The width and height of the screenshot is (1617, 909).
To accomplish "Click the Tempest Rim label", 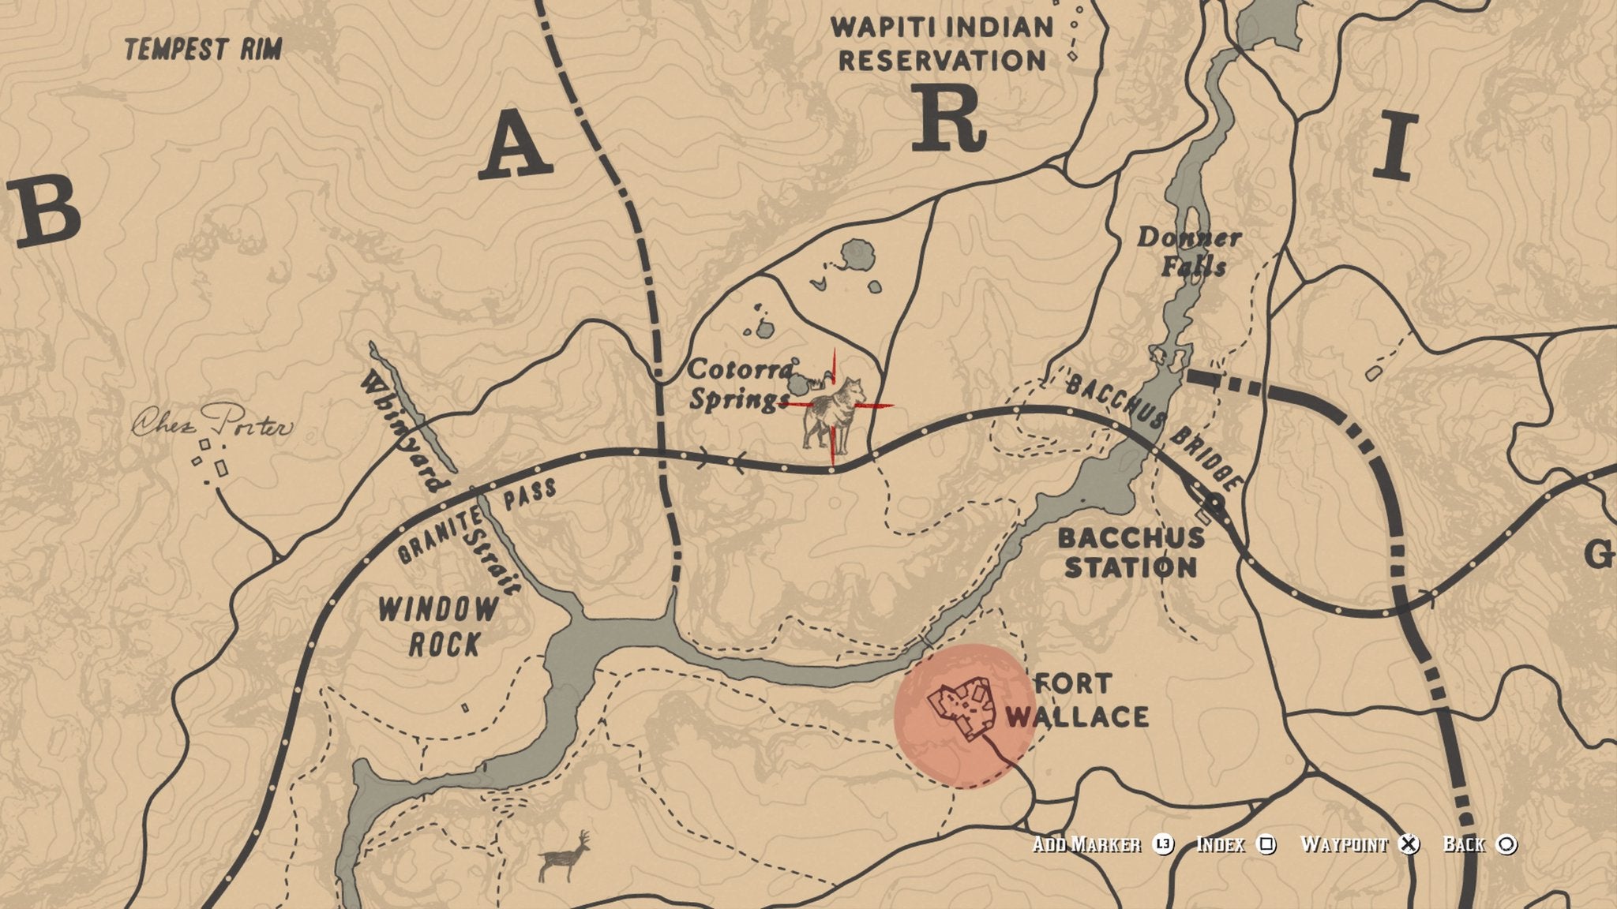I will [203, 50].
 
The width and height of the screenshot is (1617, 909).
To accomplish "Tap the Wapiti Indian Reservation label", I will [942, 43].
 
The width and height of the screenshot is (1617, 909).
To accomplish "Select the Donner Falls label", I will [1189, 252].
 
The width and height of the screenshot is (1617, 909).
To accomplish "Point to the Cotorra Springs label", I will [739, 384].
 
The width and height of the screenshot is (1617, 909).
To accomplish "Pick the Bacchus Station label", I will [1131, 552].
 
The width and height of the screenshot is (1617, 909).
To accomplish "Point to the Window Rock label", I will [439, 627].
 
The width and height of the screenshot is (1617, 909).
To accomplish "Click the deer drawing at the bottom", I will [565, 856].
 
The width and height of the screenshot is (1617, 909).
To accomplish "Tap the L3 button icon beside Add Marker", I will [1162, 844].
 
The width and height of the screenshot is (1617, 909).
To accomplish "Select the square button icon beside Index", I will [1266, 844].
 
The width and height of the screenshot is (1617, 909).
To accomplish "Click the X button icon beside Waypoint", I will [1408, 844].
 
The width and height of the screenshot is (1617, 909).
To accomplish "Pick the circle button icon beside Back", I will [1506, 844].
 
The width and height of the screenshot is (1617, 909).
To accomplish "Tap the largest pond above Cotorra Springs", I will [857, 256].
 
